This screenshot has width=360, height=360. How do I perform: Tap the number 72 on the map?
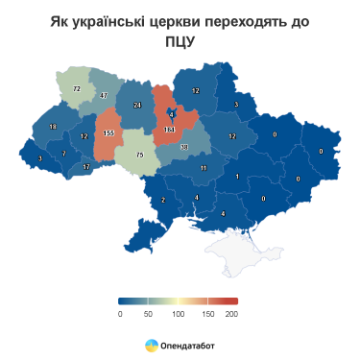tap(77, 88)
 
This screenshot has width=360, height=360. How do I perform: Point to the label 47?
tap(103, 95)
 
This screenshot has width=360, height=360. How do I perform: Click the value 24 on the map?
tap(137, 105)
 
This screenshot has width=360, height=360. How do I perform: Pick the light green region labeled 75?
tap(139, 155)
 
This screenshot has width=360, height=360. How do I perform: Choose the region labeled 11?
tap(204, 168)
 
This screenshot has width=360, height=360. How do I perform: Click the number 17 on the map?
tap(86, 167)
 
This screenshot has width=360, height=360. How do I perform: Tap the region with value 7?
tap(63, 154)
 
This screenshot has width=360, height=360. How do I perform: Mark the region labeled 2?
tap(163, 200)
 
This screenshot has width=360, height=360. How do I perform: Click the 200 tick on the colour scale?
tap(231, 313)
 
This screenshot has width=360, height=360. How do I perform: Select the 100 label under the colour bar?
tap(177, 313)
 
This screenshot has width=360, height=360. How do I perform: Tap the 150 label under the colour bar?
tap(204, 313)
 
